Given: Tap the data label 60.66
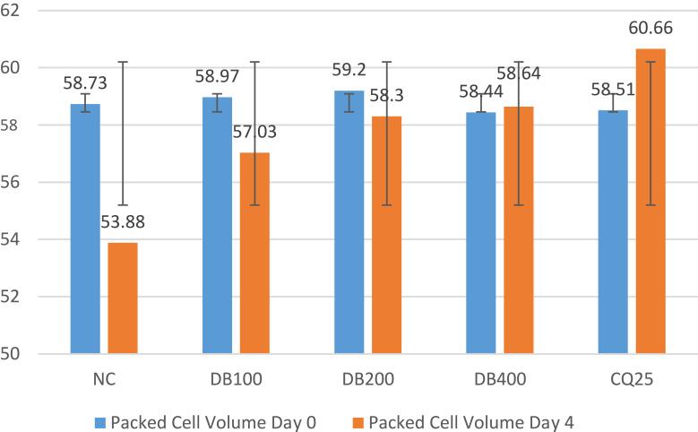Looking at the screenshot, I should point(651,34).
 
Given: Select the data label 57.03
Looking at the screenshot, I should point(254,133).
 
